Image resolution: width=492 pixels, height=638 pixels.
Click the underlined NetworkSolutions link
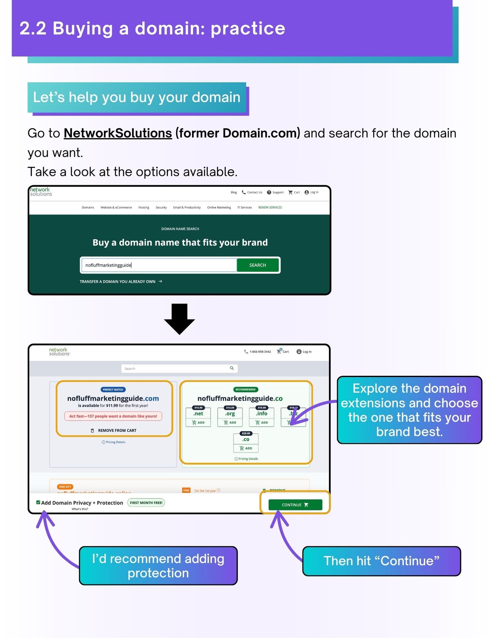click(x=117, y=133)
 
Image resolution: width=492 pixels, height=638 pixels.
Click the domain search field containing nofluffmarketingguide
click(x=159, y=265)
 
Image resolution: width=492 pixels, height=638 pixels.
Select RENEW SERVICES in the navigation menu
click(x=270, y=207)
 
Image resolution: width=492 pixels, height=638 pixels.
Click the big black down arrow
click(x=179, y=318)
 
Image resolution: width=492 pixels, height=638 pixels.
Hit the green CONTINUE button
click(x=295, y=505)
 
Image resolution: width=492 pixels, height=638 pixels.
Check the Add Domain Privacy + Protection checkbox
click(x=38, y=502)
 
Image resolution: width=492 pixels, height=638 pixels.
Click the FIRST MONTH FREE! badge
click(x=146, y=503)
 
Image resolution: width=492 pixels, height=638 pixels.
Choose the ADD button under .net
click(x=198, y=422)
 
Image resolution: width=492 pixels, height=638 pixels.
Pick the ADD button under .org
click(x=230, y=422)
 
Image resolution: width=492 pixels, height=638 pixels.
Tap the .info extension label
click(x=261, y=413)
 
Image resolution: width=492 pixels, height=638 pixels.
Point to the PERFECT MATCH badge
click(x=113, y=389)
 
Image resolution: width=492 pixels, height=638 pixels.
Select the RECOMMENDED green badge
click(x=245, y=389)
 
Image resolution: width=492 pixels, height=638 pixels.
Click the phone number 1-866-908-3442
click(x=260, y=352)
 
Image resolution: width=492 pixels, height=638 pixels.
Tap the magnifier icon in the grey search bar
click(x=232, y=368)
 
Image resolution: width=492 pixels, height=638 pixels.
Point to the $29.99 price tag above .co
click(x=246, y=433)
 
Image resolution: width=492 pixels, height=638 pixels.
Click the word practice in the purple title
click(x=248, y=29)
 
